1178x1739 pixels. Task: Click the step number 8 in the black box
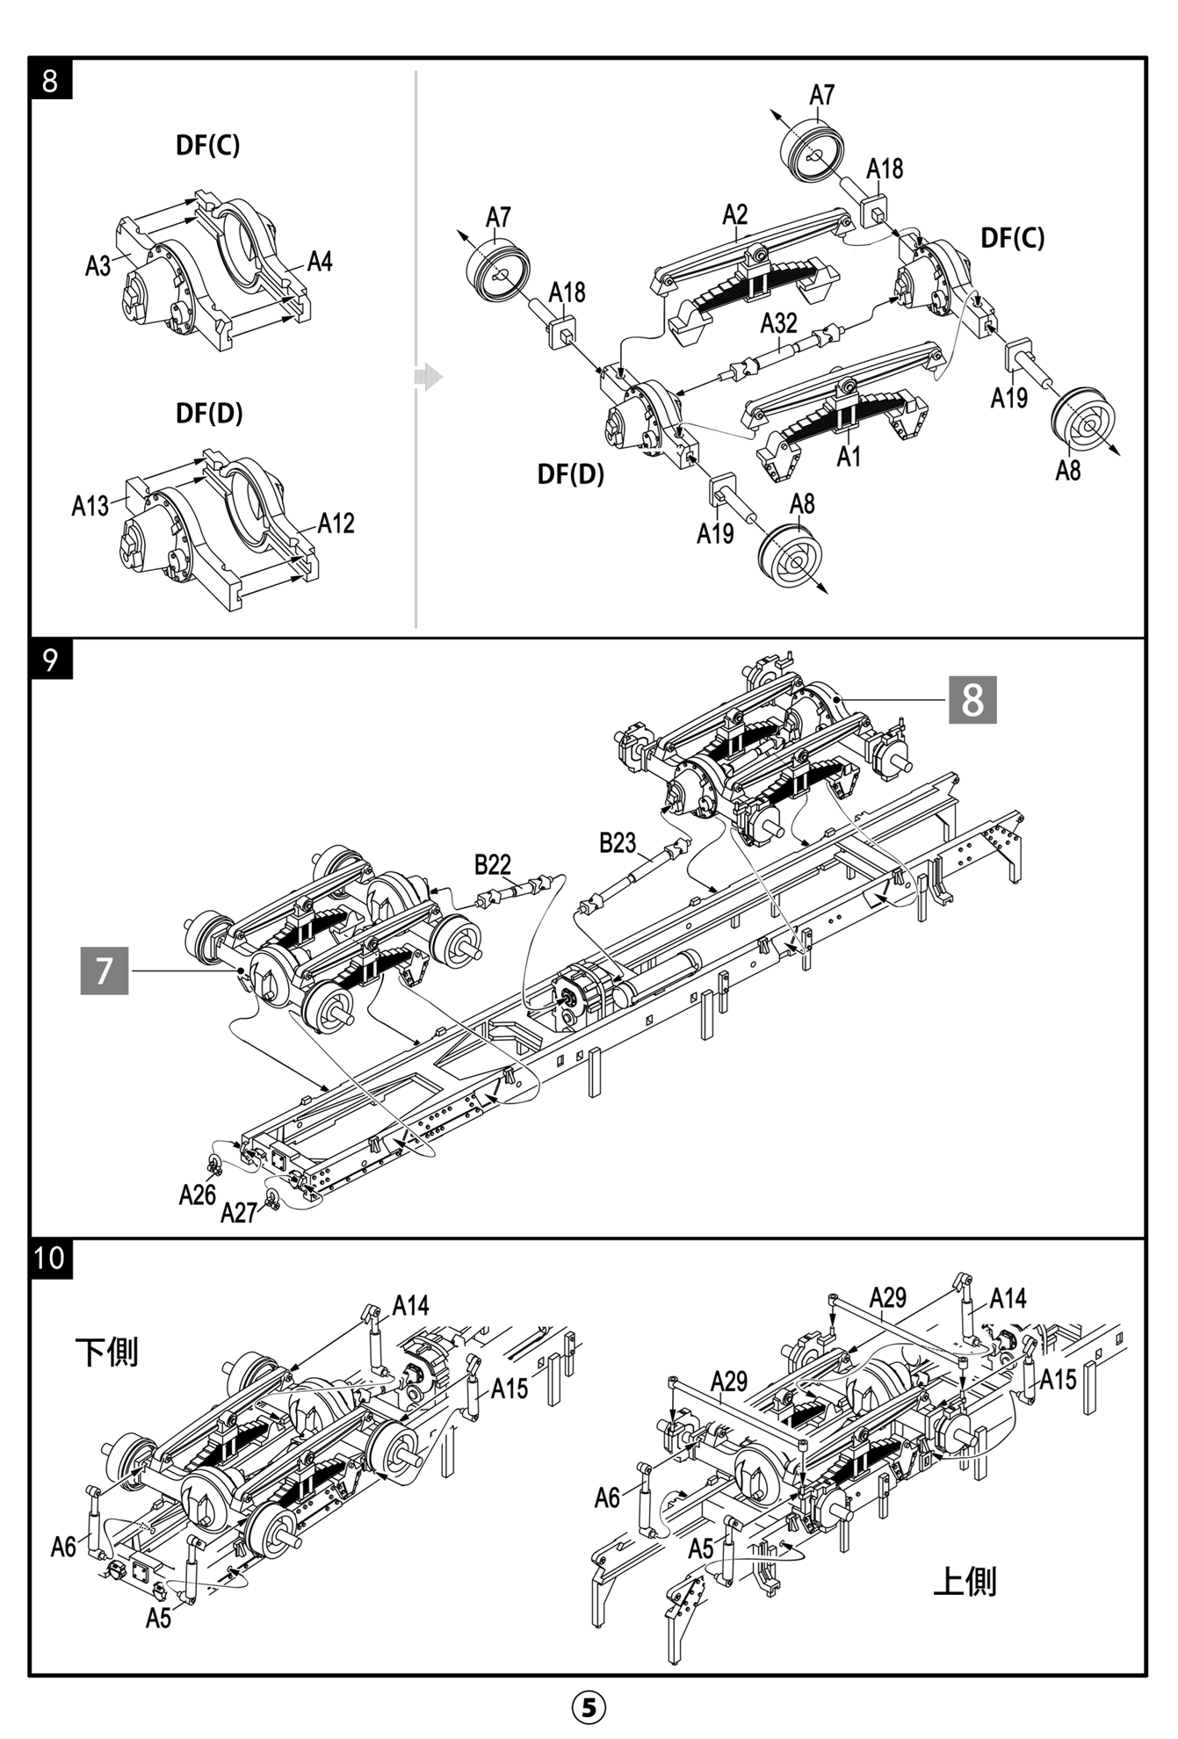pos(50,80)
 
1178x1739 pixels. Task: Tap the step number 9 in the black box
pos(50,659)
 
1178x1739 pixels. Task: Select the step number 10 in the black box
pos(50,1259)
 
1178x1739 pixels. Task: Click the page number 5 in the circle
pos(589,1707)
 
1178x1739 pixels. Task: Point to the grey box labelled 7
pos(105,971)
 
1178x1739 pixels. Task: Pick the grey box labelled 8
pos(972,700)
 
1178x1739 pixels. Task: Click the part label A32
pos(778,323)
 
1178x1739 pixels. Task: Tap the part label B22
pos(492,864)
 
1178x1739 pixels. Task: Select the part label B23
pos(617,843)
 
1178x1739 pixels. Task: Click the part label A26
pos(197,1194)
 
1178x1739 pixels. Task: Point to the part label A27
pos(238,1213)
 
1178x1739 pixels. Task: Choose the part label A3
pos(98,265)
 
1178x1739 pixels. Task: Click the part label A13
pos(90,506)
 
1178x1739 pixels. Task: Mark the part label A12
pos(336,524)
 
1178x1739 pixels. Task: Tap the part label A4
pos(320,262)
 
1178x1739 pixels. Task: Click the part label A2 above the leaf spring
pos(735,215)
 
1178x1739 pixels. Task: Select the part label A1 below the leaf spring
pos(849,457)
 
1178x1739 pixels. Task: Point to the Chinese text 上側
pos(965,1581)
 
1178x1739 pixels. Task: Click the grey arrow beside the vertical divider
pos(429,377)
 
